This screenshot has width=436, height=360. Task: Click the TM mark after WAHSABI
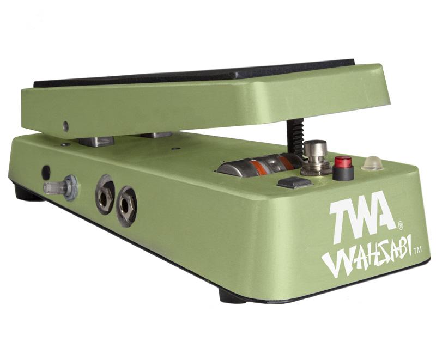click(417, 251)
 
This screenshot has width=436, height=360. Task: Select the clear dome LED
click(372, 163)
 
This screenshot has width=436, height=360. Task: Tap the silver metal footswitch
click(314, 158)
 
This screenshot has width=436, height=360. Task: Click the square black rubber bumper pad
click(295, 182)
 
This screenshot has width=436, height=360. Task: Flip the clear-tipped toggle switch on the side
click(60, 187)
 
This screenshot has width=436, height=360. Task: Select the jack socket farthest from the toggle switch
click(126, 206)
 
